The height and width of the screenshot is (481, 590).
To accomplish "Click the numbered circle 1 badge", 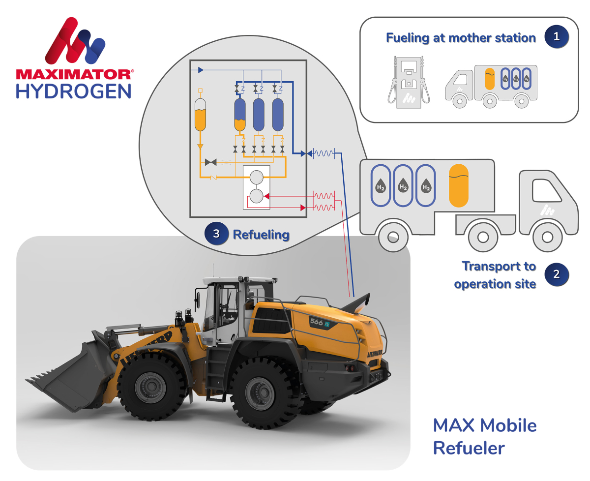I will coord(556,37).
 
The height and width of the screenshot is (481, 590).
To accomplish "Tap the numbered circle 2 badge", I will coord(556,274).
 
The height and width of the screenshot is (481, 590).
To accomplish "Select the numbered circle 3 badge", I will coord(216,234).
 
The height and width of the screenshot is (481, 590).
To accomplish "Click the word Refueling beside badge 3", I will coord(261,235).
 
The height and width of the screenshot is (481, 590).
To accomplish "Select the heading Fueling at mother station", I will coord(461,38).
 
